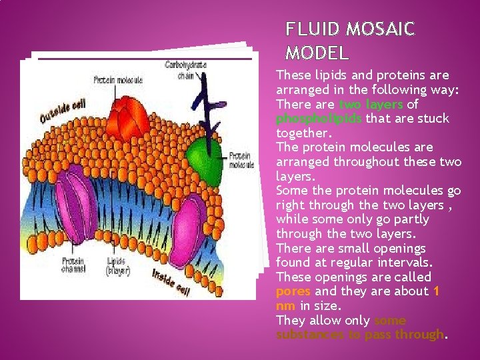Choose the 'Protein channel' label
(73, 265)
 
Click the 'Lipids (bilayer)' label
(119, 267)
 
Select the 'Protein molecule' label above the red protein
(118, 80)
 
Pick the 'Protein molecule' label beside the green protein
(241, 160)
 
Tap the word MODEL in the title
(317, 53)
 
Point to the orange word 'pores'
(293, 291)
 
